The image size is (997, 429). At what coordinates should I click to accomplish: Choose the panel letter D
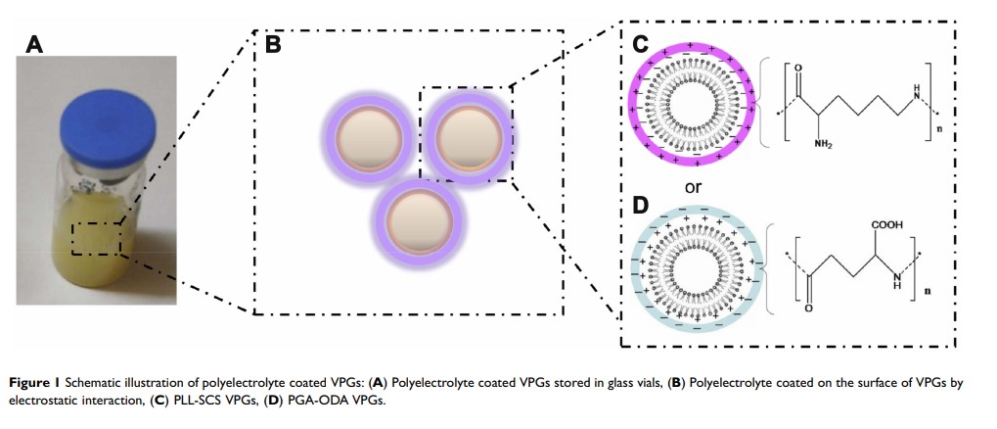640,208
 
